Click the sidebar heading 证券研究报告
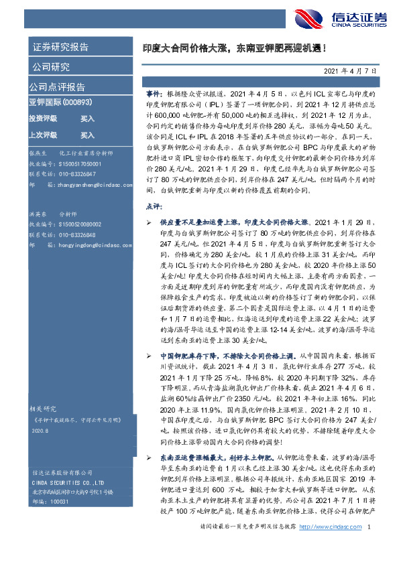tap(60, 47)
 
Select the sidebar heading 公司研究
tap(50, 67)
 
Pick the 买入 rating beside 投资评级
tap(87, 118)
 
